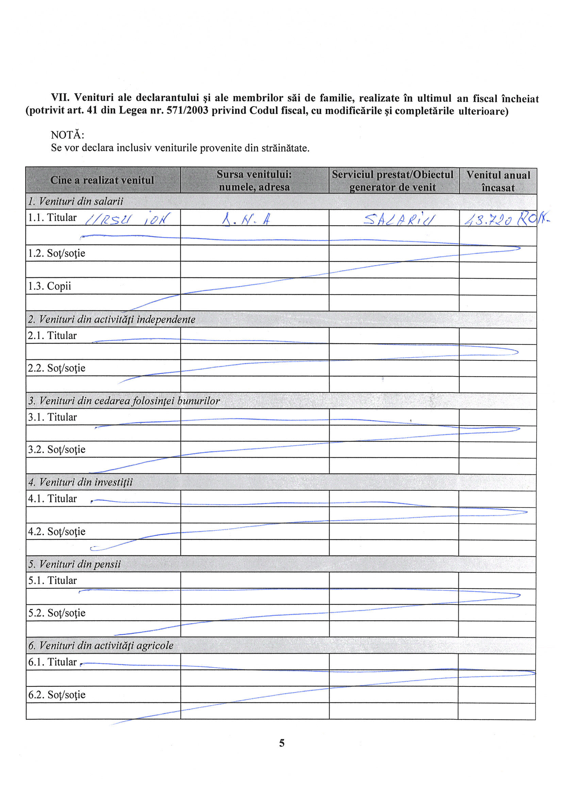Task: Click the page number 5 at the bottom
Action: (x=282, y=743)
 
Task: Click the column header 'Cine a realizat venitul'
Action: (x=102, y=180)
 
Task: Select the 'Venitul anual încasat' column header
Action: (x=498, y=181)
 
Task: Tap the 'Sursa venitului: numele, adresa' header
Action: (x=254, y=180)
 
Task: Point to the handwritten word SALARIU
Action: (x=400, y=219)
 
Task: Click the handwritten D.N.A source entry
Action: (x=246, y=220)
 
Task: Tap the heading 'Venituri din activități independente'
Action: (x=112, y=319)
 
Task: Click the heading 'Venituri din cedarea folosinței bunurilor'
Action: (x=124, y=401)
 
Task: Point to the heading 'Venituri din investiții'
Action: (x=81, y=482)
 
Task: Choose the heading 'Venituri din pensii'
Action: (x=74, y=564)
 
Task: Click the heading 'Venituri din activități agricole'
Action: (x=101, y=646)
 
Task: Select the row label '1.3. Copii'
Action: (x=49, y=286)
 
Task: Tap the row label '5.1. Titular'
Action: (x=52, y=581)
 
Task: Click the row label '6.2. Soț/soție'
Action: (x=57, y=695)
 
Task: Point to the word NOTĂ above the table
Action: (x=67, y=135)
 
